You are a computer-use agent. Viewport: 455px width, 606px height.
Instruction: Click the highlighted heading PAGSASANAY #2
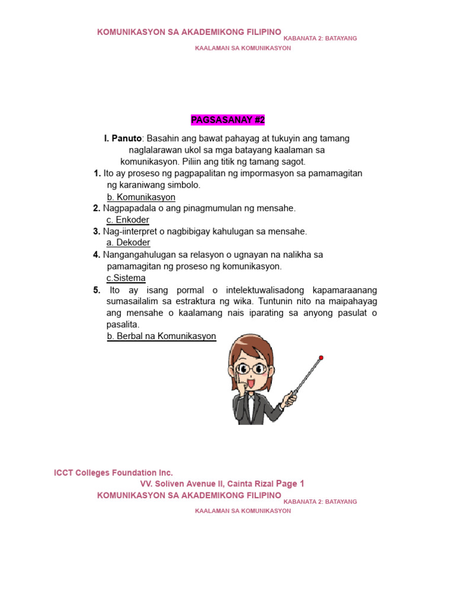(227, 120)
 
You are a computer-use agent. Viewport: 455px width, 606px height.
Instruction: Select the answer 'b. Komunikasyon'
(141, 197)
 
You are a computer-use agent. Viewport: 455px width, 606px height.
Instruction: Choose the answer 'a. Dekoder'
(129, 243)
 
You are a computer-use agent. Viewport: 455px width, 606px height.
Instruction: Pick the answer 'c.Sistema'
(126, 278)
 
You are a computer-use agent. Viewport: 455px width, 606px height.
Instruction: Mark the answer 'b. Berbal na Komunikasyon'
(162, 336)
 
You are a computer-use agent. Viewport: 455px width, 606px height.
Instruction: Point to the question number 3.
(97, 231)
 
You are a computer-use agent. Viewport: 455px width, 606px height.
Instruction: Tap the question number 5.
(97, 290)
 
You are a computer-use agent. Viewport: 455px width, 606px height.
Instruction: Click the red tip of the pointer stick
(321, 357)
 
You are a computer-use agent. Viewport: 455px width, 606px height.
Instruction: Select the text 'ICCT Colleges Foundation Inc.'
(114, 473)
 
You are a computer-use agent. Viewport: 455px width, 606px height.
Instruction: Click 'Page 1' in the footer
(290, 483)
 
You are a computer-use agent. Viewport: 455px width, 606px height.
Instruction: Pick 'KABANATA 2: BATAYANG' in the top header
(321, 38)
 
